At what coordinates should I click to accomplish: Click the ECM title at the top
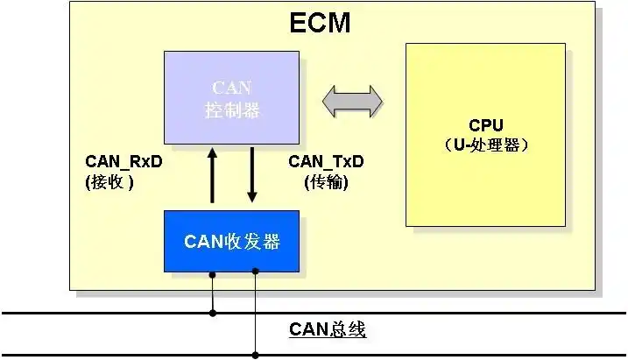(x=320, y=23)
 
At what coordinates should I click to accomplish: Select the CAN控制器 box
(x=232, y=99)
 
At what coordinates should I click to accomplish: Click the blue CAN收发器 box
(x=232, y=241)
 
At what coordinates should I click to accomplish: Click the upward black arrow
(x=212, y=176)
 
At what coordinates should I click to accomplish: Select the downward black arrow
(x=252, y=174)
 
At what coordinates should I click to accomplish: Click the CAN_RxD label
(x=123, y=162)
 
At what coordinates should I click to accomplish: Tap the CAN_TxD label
(x=326, y=162)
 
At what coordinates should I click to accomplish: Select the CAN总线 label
(x=328, y=330)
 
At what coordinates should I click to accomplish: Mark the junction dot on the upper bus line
(x=212, y=312)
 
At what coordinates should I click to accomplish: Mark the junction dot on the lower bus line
(x=256, y=355)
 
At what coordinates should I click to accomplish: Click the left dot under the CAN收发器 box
(x=212, y=273)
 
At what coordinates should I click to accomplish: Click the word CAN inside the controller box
(x=232, y=88)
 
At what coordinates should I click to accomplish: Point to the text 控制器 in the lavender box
(x=232, y=111)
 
